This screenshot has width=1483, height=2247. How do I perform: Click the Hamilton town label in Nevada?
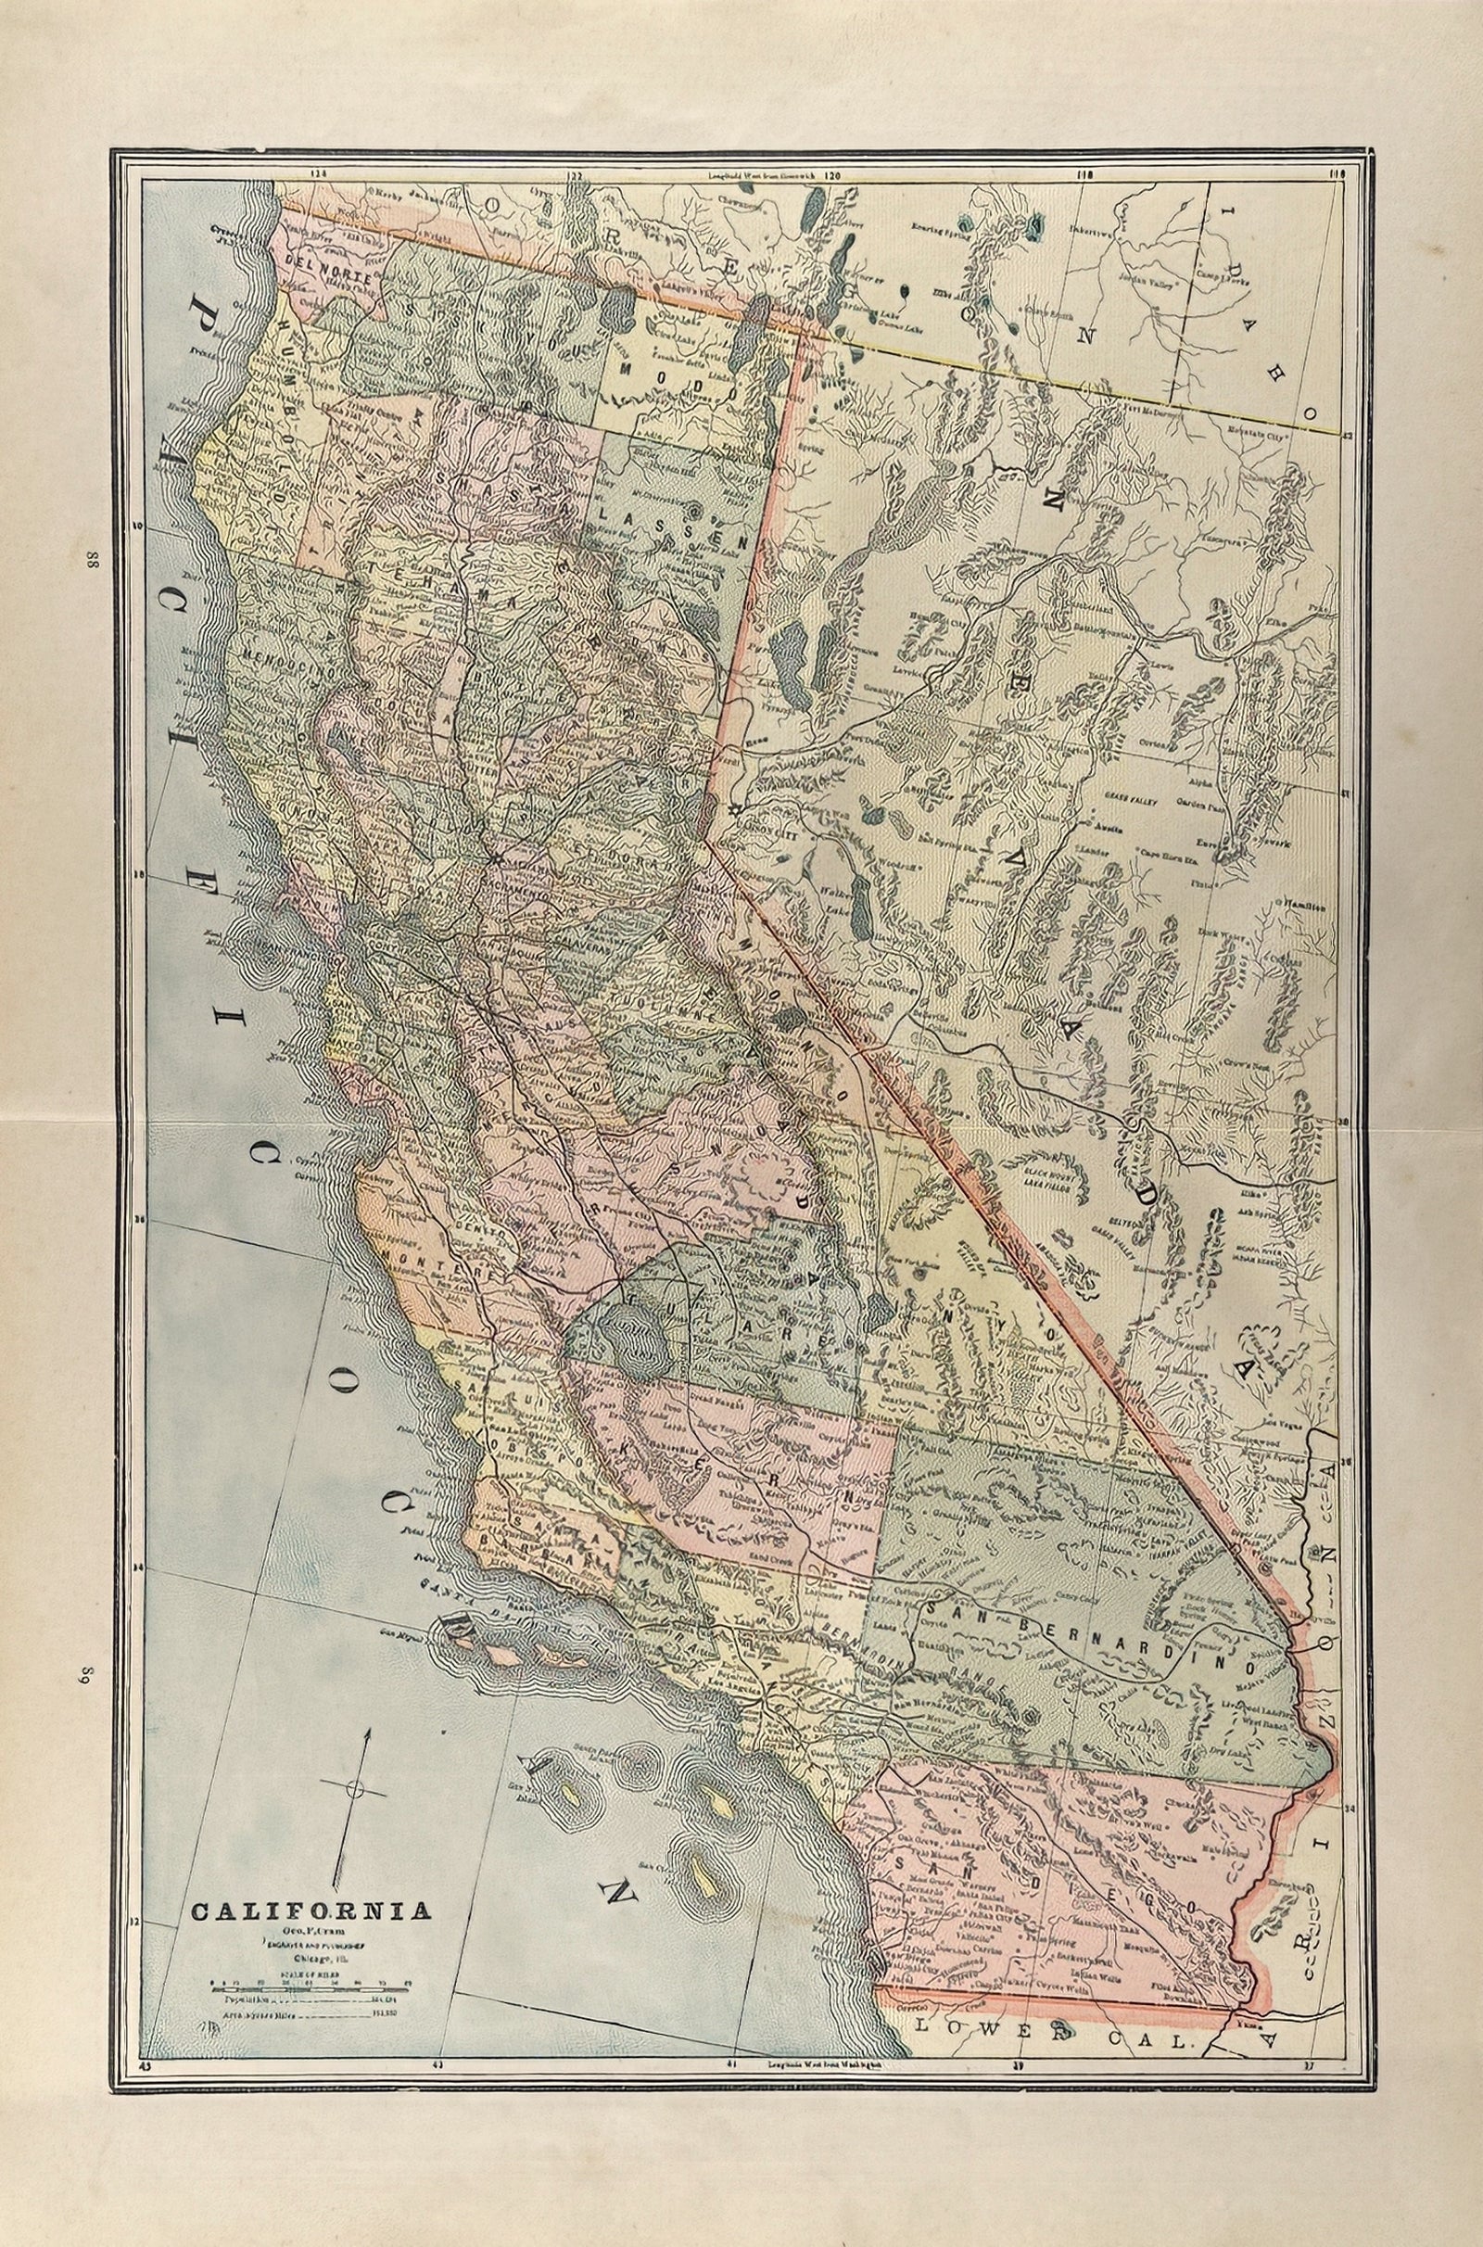[1304, 905]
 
